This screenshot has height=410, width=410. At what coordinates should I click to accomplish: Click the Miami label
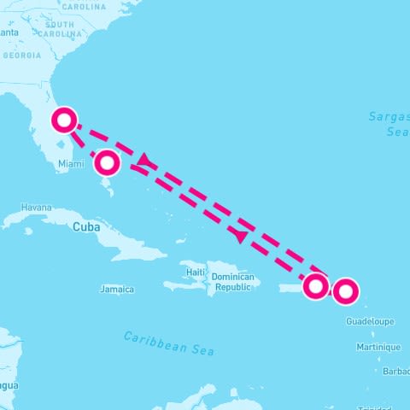72,162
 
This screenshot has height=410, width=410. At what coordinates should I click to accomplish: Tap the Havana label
37,208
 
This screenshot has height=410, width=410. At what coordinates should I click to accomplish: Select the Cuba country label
85,227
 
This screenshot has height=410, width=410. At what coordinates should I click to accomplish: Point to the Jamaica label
117,290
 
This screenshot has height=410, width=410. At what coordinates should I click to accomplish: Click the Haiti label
196,272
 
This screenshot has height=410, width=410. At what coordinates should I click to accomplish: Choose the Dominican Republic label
233,282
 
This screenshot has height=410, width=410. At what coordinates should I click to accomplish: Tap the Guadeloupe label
371,321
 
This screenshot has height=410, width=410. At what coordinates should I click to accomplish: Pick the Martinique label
378,347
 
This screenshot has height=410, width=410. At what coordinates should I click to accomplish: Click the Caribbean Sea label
169,343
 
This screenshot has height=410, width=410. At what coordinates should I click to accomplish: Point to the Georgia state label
21,55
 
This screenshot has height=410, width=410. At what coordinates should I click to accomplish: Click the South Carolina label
65,30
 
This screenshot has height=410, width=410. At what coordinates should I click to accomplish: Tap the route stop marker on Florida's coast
64,120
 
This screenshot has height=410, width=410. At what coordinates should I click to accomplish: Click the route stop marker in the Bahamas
107,161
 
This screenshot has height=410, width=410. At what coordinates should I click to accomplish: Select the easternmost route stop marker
345,292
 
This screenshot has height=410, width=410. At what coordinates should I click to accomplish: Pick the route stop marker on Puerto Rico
316,286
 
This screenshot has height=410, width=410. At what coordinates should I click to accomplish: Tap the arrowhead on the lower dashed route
243,235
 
